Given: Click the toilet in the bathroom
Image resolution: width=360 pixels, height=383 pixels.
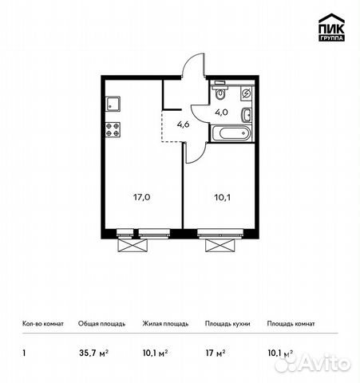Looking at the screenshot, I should click(x=220, y=93).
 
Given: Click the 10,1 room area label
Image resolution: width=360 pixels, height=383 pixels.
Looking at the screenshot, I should click(x=220, y=191).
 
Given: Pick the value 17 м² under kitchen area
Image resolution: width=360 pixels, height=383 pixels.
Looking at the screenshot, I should click(x=214, y=349).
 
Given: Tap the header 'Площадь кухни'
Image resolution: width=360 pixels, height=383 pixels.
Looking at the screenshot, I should click(x=226, y=324).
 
